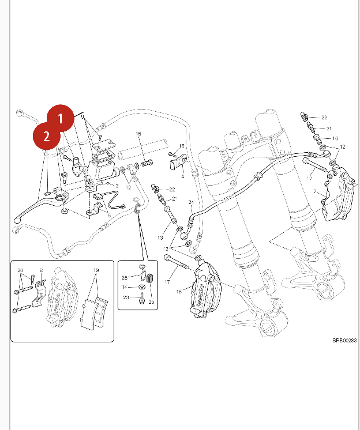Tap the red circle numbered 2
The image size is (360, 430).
(x=46, y=137)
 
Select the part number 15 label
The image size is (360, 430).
(x=138, y=134)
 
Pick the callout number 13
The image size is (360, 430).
(x=161, y=238)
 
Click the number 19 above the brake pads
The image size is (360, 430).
(x=96, y=270)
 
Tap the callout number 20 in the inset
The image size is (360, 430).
(x=20, y=270)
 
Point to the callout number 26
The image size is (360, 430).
(x=125, y=278)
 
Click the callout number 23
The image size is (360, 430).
(x=125, y=297)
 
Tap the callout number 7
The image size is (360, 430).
(x=315, y=191)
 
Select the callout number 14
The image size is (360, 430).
(x=125, y=287)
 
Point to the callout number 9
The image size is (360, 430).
(x=83, y=117)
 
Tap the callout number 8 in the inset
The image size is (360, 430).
(x=42, y=270)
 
